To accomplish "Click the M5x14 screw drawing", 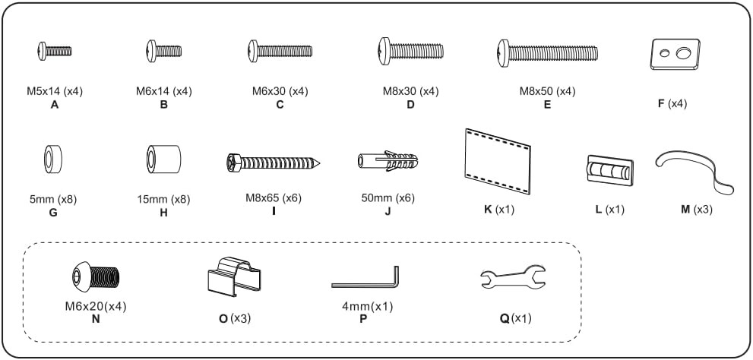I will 55,51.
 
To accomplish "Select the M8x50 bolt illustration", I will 547,52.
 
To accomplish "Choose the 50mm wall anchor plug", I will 388,162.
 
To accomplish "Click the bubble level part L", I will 609,169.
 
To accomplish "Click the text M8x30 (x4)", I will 410,92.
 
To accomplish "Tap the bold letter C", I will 280,105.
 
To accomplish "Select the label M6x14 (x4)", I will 164,92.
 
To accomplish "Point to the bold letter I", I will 274,212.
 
